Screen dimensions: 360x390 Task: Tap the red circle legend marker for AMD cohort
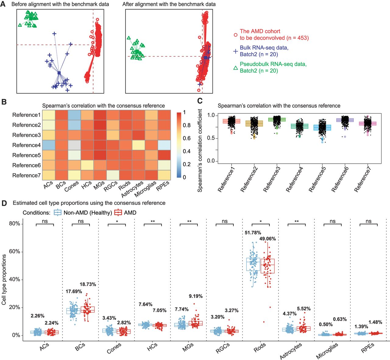click(x=236, y=35)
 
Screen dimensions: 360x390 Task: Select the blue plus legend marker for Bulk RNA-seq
click(x=236, y=51)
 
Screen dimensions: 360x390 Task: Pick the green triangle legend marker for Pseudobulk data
click(x=236, y=68)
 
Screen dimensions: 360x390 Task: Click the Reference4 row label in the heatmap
click(x=27, y=145)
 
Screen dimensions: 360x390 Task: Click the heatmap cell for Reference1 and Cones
click(x=74, y=115)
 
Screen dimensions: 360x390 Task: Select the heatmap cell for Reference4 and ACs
click(x=49, y=145)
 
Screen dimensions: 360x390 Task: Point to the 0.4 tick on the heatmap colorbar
click(x=186, y=151)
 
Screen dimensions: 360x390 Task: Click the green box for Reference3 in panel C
click(x=277, y=119)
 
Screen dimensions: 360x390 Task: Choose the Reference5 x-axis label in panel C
click(x=317, y=180)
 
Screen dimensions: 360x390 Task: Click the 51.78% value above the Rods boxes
click(x=253, y=233)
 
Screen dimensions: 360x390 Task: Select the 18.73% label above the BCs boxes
click(x=88, y=284)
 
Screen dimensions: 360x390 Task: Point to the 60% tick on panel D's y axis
click(x=14, y=251)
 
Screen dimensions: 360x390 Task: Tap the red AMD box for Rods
click(x=268, y=266)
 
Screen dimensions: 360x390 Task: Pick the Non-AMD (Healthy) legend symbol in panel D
click(x=58, y=212)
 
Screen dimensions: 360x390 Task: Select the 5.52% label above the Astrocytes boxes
click(x=303, y=308)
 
